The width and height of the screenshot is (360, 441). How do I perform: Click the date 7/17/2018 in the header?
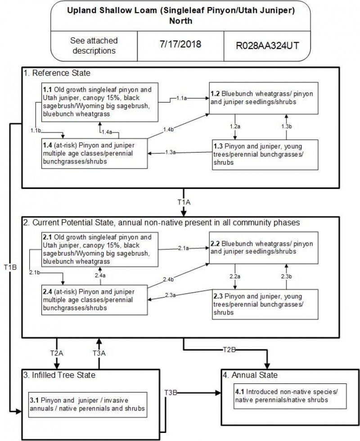pos(180,45)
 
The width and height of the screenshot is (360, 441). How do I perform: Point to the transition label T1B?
pos(10,267)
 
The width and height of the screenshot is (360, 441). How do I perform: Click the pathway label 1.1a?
pos(182,98)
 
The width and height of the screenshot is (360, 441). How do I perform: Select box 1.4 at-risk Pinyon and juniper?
pos(94,153)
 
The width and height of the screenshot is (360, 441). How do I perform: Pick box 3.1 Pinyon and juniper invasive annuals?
pos(88,405)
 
